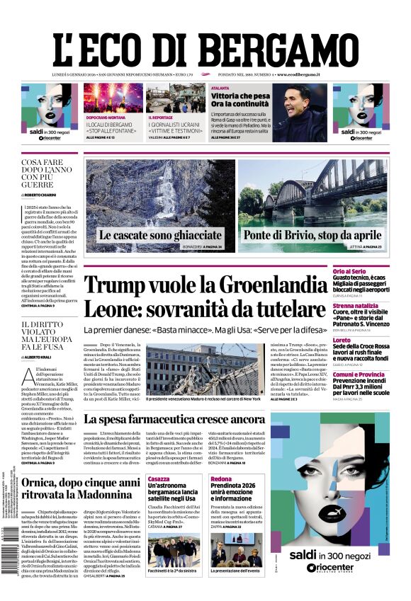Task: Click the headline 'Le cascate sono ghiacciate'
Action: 160,235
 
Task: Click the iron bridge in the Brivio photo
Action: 305,191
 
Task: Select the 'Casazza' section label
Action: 159,479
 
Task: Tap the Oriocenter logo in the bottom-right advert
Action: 341,568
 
